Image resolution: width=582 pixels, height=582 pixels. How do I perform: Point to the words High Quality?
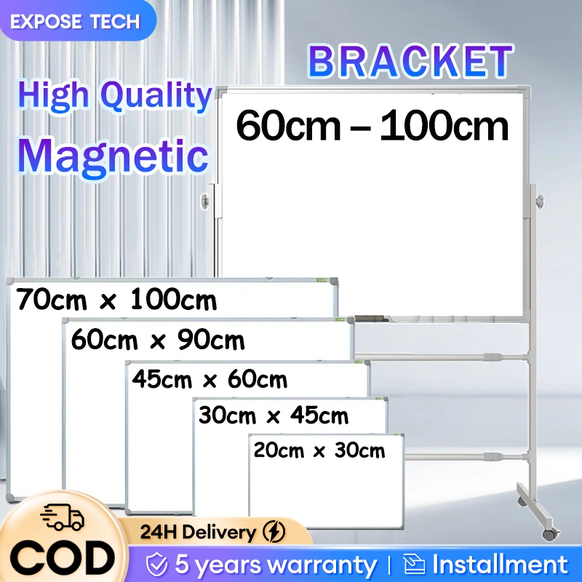[x=114, y=96]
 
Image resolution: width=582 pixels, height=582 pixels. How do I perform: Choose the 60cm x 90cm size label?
[x=158, y=339]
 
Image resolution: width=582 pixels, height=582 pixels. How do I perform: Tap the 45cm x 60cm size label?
[x=210, y=379]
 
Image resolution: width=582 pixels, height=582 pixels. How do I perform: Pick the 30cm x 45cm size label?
[x=274, y=415]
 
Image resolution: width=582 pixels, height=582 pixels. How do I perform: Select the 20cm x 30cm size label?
[x=319, y=450]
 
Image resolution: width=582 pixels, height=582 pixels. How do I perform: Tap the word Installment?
[x=499, y=565]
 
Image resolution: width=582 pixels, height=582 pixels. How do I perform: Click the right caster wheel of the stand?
[x=549, y=533]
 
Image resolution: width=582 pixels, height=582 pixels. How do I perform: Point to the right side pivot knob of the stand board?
[x=539, y=199]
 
